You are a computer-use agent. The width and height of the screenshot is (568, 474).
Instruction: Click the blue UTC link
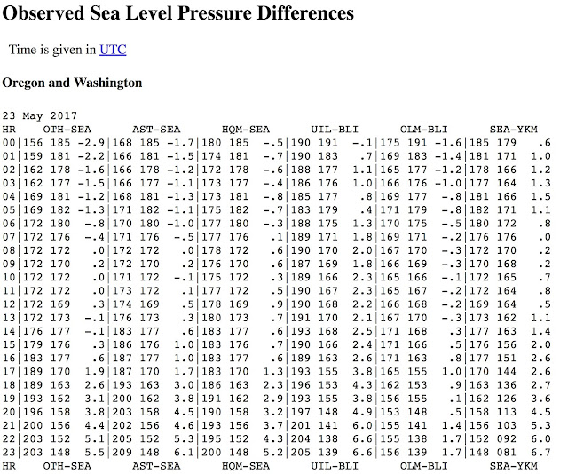pos(113,50)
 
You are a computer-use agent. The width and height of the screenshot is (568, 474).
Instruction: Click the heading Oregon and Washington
pos(72,83)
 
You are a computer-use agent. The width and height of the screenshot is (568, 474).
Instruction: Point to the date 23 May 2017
pos(40,115)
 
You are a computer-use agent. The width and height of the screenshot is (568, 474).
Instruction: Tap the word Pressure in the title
pos(215,13)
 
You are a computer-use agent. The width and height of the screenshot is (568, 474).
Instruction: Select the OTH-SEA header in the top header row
pos(67,130)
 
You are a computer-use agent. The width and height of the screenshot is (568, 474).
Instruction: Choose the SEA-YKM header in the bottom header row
pos(514,466)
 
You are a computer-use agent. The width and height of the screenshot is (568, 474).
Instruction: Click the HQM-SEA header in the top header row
pos(246,130)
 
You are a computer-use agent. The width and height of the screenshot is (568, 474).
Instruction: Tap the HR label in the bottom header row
pos(9,466)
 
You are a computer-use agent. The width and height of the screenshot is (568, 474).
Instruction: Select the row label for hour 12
pos(9,304)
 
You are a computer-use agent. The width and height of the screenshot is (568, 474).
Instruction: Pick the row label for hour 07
pos(9,237)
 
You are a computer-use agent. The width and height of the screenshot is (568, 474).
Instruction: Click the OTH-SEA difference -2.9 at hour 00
pos(91,143)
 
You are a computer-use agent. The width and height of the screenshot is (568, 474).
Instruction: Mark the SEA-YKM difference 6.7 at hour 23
pos(540,453)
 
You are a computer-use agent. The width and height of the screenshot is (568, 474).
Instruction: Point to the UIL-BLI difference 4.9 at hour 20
pos(362,412)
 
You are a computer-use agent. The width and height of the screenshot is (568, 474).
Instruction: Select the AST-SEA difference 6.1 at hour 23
pos(184,453)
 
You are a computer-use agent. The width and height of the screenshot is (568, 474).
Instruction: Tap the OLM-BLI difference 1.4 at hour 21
pos(452,425)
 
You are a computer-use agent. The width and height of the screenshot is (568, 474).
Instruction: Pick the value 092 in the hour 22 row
pos(507,438)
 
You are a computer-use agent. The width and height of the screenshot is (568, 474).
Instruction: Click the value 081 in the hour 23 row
pos(507,453)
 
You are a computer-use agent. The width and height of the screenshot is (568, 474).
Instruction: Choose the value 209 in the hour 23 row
pos(122,453)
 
